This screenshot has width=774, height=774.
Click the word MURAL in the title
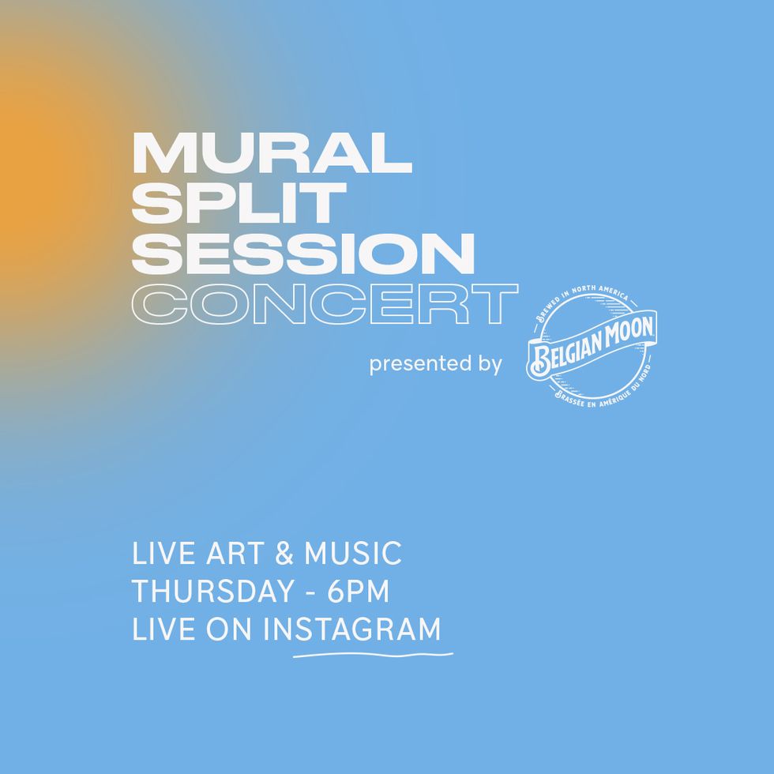(272, 153)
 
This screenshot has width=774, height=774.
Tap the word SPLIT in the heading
(239, 203)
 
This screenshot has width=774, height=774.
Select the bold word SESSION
(303, 254)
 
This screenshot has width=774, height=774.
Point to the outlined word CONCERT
(325, 304)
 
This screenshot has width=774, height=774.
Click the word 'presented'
(414, 364)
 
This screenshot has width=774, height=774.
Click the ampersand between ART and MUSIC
(284, 553)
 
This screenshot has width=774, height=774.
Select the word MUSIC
(353, 553)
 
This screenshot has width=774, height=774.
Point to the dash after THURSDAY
(311, 592)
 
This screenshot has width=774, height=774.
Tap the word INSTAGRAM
(352, 629)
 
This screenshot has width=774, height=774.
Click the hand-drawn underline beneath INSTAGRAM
(373, 655)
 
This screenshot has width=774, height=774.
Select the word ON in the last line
(229, 629)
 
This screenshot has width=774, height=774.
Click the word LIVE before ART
(164, 553)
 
